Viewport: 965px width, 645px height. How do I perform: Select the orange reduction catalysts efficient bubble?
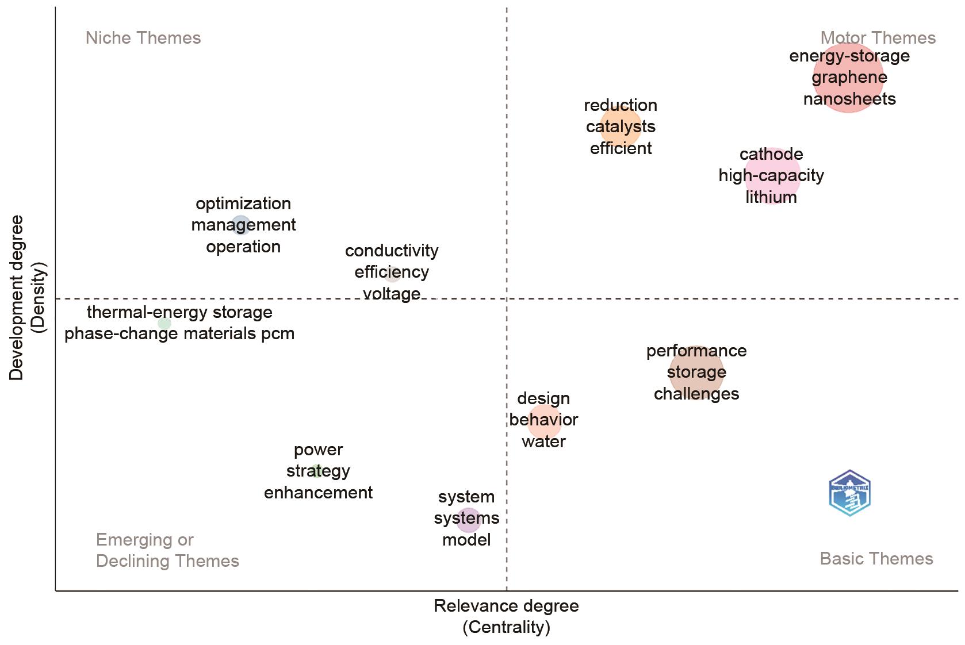(x=621, y=126)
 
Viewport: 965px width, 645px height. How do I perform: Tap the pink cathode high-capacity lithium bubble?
(x=772, y=175)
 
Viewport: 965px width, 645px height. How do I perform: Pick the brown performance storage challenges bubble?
(x=696, y=372)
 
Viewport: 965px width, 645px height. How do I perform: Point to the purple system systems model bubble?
(x=468, y=519)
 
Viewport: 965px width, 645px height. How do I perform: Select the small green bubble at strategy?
(x=316, y=471)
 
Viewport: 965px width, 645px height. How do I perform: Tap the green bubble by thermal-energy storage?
(x=164, y=324)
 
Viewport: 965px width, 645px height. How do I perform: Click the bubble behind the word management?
(x=241, y=225)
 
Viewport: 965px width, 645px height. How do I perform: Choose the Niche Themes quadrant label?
(x=143, y=38)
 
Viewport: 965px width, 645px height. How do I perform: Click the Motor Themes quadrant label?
(x=878, y=38)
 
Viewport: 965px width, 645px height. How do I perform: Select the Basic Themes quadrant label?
(x=876, y=558)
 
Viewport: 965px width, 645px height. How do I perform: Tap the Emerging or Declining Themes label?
(x=167, y=550)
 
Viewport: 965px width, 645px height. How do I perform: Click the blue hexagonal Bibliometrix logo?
(x=849, y=493)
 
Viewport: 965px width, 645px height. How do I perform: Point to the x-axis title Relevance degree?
(x=506, y=606)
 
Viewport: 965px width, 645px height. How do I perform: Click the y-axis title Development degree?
(x=16, y=297)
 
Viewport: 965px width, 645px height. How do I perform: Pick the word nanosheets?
(x=849, y=99)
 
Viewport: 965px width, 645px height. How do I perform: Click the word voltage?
(x=392, y=294)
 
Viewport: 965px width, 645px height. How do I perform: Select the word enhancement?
(x=318, y=493)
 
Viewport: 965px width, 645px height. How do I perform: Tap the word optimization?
(x=243, y=204)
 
